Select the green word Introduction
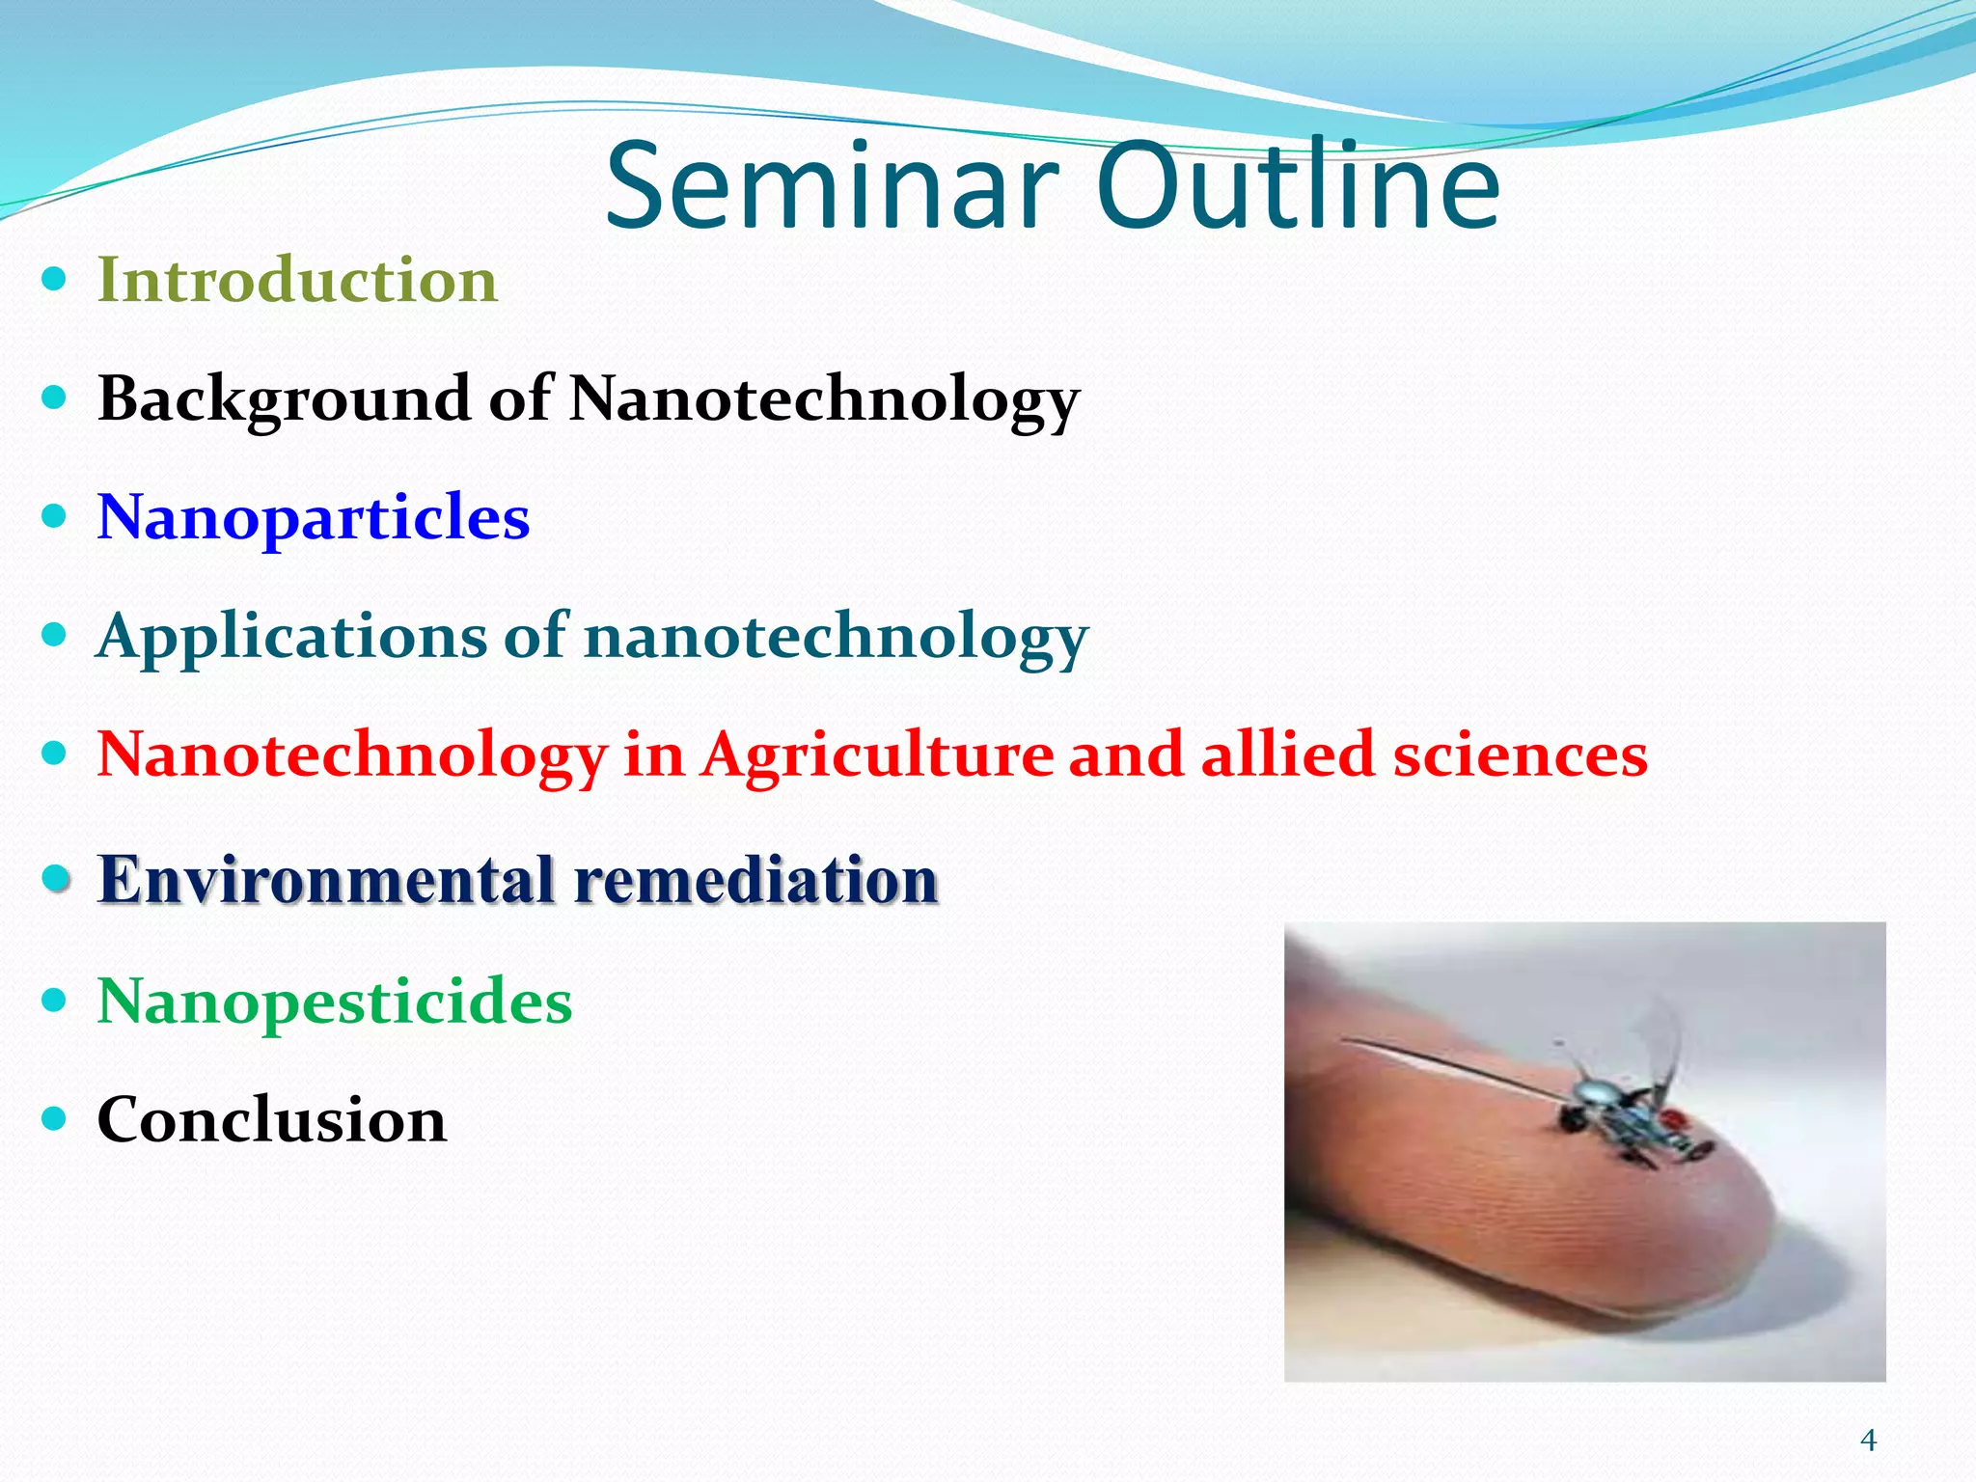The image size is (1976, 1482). coord(297,281)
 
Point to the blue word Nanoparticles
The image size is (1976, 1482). coord(314,518)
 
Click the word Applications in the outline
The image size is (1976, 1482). coord(292,637)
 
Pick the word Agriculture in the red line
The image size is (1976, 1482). coord(877,755)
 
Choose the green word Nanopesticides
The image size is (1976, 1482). coord(335,1002)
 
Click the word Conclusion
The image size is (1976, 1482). coord(271,1120)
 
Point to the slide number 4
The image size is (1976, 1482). coord(1868,1441)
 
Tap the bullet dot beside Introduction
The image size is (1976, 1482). coord(55,281)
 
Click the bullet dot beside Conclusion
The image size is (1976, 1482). coord(55,1119)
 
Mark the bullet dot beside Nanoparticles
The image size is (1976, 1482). coord(55,516)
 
